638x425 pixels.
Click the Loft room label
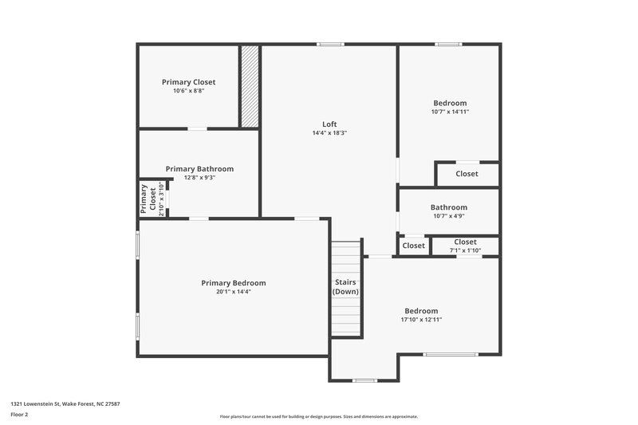tap(329, 124)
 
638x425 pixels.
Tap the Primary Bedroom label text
tap(233, 283)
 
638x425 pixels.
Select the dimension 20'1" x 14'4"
tap(233, 293)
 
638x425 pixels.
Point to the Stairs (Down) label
tap(345, 287)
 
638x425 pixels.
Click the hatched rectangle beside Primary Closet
tap(250, 86)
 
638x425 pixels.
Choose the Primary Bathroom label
tap(199, 169)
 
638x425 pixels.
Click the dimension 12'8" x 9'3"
tap(199, 178)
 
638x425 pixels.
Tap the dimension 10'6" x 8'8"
tap(188, 91)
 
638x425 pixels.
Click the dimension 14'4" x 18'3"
tap(329, 133)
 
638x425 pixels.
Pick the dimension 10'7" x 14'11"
tap(450, 112)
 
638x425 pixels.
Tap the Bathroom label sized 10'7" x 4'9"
tap(448, 207)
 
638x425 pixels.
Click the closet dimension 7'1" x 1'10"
tap(465, 250)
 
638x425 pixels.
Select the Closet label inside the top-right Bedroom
tap(467, 174)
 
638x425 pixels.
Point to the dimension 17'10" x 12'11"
tap(421, 320)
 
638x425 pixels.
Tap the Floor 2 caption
tap(19, 415)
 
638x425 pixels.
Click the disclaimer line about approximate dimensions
tap(318, 416)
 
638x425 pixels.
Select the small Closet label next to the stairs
tap(413, 246)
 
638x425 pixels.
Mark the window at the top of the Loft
tap(329, 44)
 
